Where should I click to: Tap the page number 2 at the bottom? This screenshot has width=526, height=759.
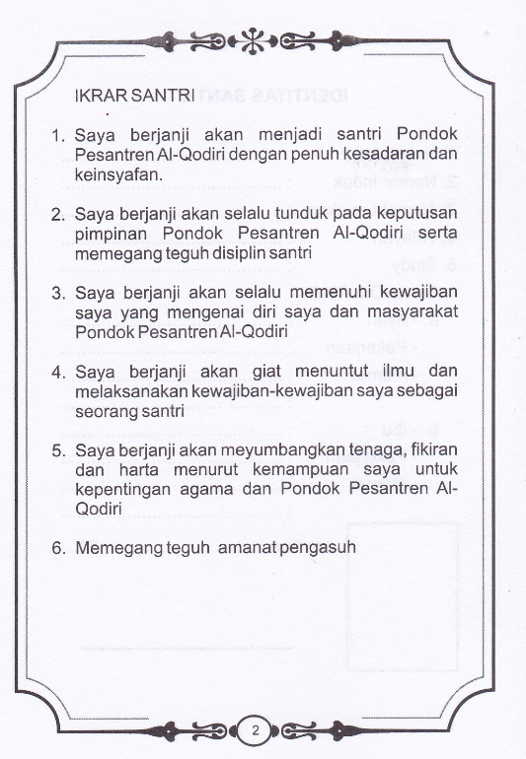tap(256, 730)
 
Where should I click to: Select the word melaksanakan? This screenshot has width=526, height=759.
tap(128, 391)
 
